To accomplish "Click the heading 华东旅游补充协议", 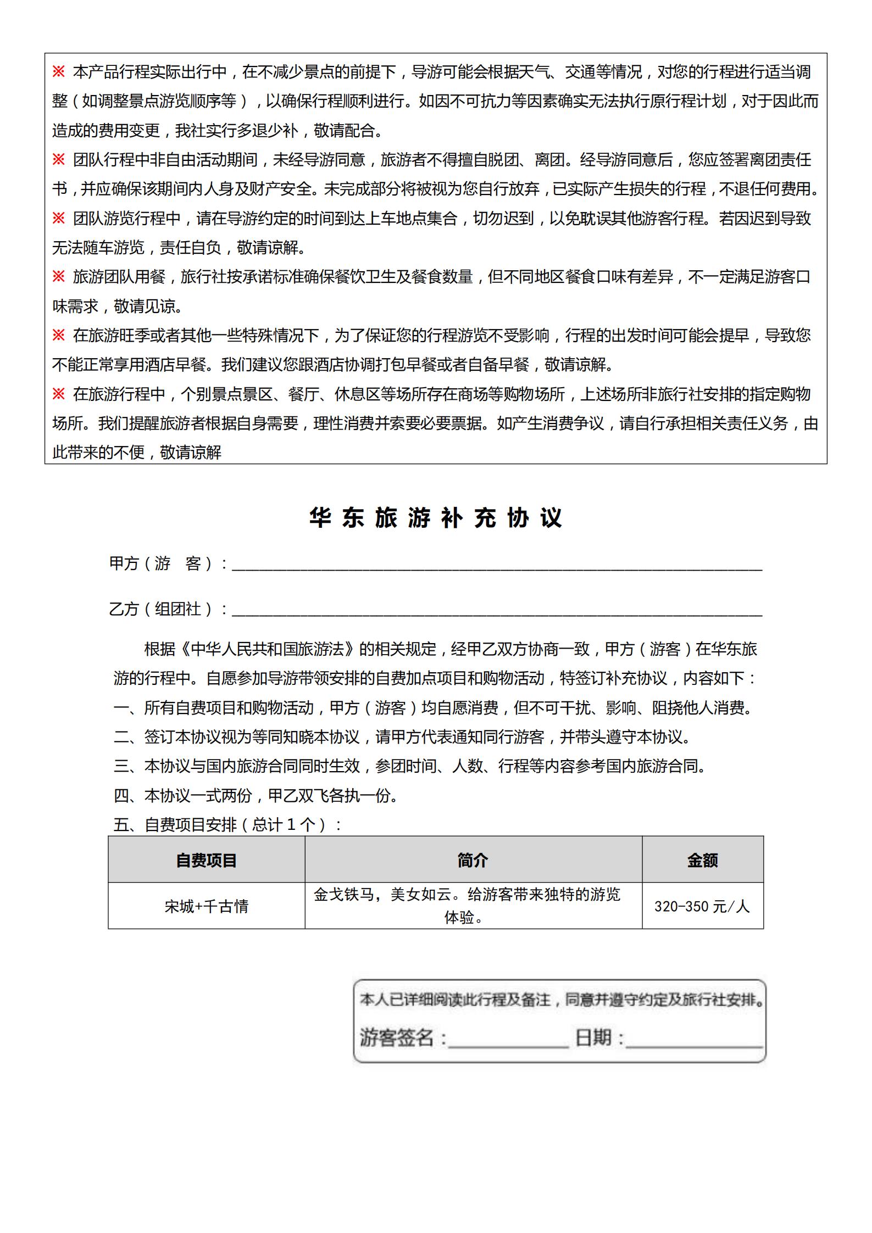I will coord(436,517).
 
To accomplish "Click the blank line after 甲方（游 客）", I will coord(497,566).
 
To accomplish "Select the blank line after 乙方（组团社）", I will coord(497,611).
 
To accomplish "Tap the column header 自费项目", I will coord(206,860).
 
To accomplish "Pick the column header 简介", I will coord(473,860).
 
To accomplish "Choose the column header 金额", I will coord(702,860).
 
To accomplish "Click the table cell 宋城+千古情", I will coord(206,906).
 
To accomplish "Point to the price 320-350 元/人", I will coord(702,906).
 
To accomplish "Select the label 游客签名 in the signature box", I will coord(397,1037).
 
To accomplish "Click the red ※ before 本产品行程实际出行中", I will coord(58,71).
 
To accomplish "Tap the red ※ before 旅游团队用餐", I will coord(58,276).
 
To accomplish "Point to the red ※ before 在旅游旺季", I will coord(58,335).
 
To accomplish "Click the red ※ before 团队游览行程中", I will coord(58,218).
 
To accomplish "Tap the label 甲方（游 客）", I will coord(163,564).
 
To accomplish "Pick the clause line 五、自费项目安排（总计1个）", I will coord(227,824).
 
